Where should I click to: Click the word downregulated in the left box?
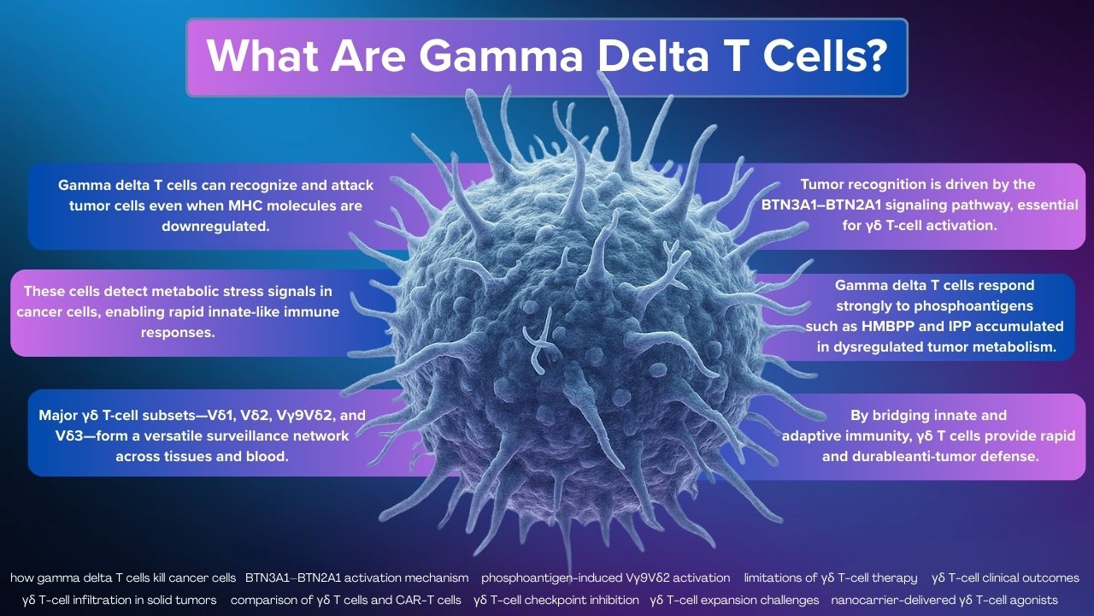tap(215, 227)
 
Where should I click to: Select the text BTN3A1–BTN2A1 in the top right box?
tap(816, 205)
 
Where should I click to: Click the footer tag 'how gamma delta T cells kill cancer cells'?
tap(123, 578)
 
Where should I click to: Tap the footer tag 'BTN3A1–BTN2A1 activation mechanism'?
tap(357, 578)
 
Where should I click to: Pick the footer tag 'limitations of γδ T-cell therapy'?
tap(831, 578)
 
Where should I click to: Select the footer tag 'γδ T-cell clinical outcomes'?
tap(1006, 578)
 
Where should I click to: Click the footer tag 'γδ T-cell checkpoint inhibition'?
tap(556, 601)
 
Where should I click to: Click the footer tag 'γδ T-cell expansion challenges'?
tap(735, 601)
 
